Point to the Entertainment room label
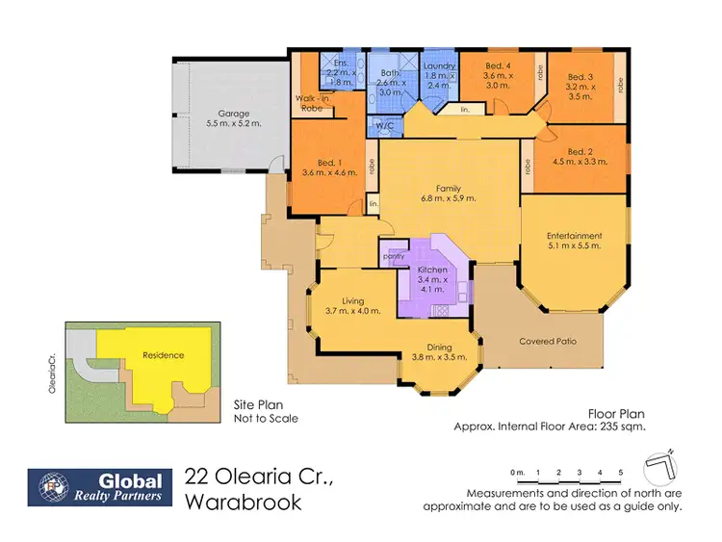click(x=574, y=235)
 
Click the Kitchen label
click(x=430, y=271)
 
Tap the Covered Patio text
click(x=546, y=341)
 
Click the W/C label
click(x=384, y=125)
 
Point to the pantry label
click(x=393, y=257)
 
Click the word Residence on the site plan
click(x=163, y=355)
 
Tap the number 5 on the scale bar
click(x=622, y=472)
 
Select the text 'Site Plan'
click(x=255, y=405)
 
